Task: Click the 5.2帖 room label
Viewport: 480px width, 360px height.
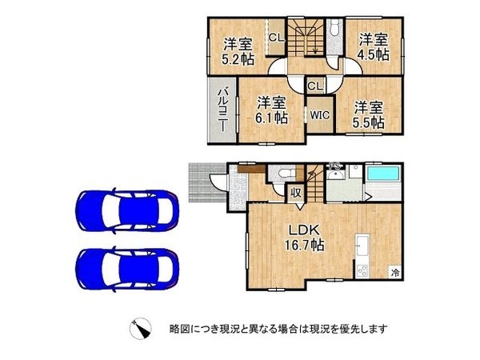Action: click(x=238, y=50)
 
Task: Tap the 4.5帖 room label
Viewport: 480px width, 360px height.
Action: click(x=373, y=46)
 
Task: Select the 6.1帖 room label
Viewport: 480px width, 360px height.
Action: click(x=271, y=110)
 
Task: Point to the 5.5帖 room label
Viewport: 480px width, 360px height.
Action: click(x=368, y=114)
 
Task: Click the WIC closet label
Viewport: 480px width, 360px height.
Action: click(x=320, y=114)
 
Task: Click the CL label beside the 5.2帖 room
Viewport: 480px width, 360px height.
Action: click(x=274, y=37)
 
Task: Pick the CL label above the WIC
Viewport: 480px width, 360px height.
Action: click(x=314, y=86)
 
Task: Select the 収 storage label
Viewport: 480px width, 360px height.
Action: click(x=295, y=191)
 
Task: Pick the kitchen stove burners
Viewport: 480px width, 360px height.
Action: click(x=362, y=270)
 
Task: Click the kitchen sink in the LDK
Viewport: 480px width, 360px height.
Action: click(x=362, y=244)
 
